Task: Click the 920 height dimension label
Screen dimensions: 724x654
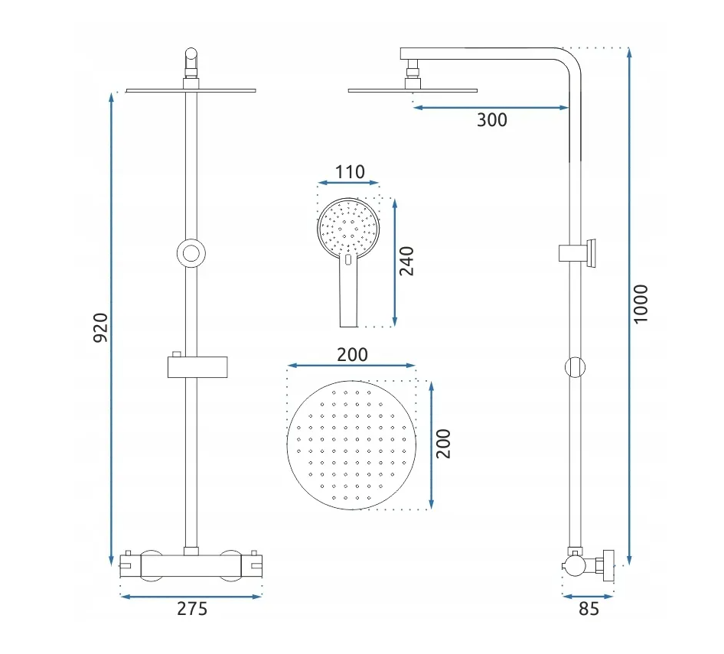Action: [101, 327]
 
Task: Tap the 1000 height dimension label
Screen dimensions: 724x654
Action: [641, 304]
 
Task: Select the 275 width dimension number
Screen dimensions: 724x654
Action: [192, 609]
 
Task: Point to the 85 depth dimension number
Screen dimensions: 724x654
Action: [589, 609]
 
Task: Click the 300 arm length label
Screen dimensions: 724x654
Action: [492, 120]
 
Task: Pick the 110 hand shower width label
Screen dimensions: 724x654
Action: [350, 172]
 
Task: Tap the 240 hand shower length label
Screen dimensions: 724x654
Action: [406, 262]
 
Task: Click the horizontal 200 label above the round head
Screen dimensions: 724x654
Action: [352, 354]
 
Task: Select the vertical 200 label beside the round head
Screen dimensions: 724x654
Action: [443, 444]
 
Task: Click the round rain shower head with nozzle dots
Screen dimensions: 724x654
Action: [351, 445]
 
